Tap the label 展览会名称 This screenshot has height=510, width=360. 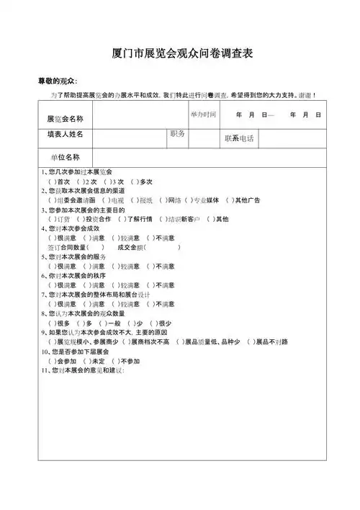pos(65,118)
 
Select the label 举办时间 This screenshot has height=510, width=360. pos(204,115)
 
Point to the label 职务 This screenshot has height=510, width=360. pos(177,134)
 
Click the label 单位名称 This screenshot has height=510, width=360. pos(65,157)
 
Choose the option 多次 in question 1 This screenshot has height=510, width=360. pos(145,182)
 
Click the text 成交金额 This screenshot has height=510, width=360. pos(130,247)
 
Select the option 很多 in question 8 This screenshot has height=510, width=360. pos(62,323)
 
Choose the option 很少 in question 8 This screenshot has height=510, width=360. pos(164,323)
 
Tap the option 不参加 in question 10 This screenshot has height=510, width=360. pos(130,361)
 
